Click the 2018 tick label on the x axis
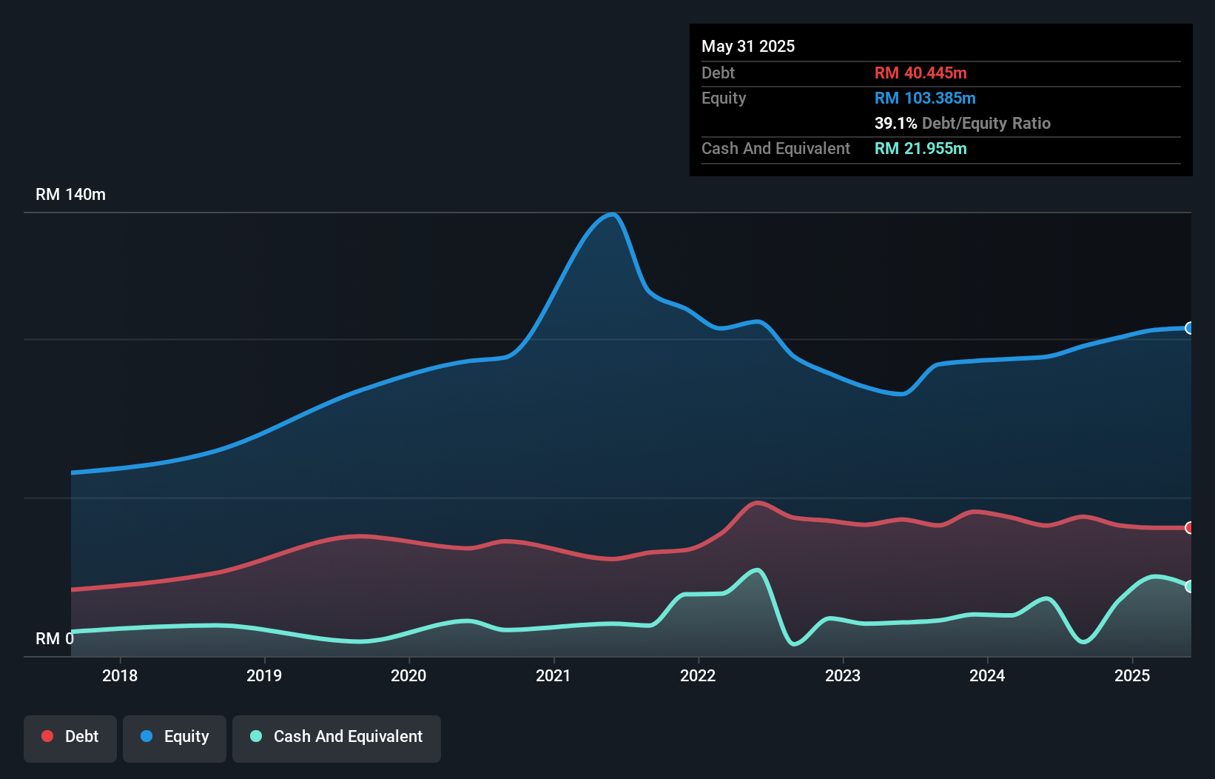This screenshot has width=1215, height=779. (x=120, y=675)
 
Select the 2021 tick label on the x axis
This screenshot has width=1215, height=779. (x=553, y=675)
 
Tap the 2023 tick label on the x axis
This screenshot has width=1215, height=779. (x=843, y=675)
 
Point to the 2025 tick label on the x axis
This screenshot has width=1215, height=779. (x=1132, y=675)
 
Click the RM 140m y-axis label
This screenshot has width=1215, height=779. (x=70, y=195)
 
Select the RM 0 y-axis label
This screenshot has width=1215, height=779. (x=54, y=638)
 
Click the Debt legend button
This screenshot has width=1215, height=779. (x=70, y=737)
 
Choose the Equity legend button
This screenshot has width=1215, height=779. (x=175, y=737)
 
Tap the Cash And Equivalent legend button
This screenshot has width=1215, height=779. (x=337, y=737)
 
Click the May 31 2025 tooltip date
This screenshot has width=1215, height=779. (x=748, y=46)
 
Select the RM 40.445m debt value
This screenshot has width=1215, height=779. (x=920, y=73)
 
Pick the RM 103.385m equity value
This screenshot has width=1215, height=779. (x=925, y=98)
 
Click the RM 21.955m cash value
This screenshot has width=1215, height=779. (x=920, y=148)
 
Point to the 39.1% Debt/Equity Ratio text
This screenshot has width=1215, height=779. (x=962, y=123)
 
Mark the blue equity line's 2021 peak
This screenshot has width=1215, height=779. (x=612, y=215)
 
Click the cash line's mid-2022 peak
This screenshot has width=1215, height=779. (x=756, y=570)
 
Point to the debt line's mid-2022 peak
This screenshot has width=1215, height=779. (x=757, y=503)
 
